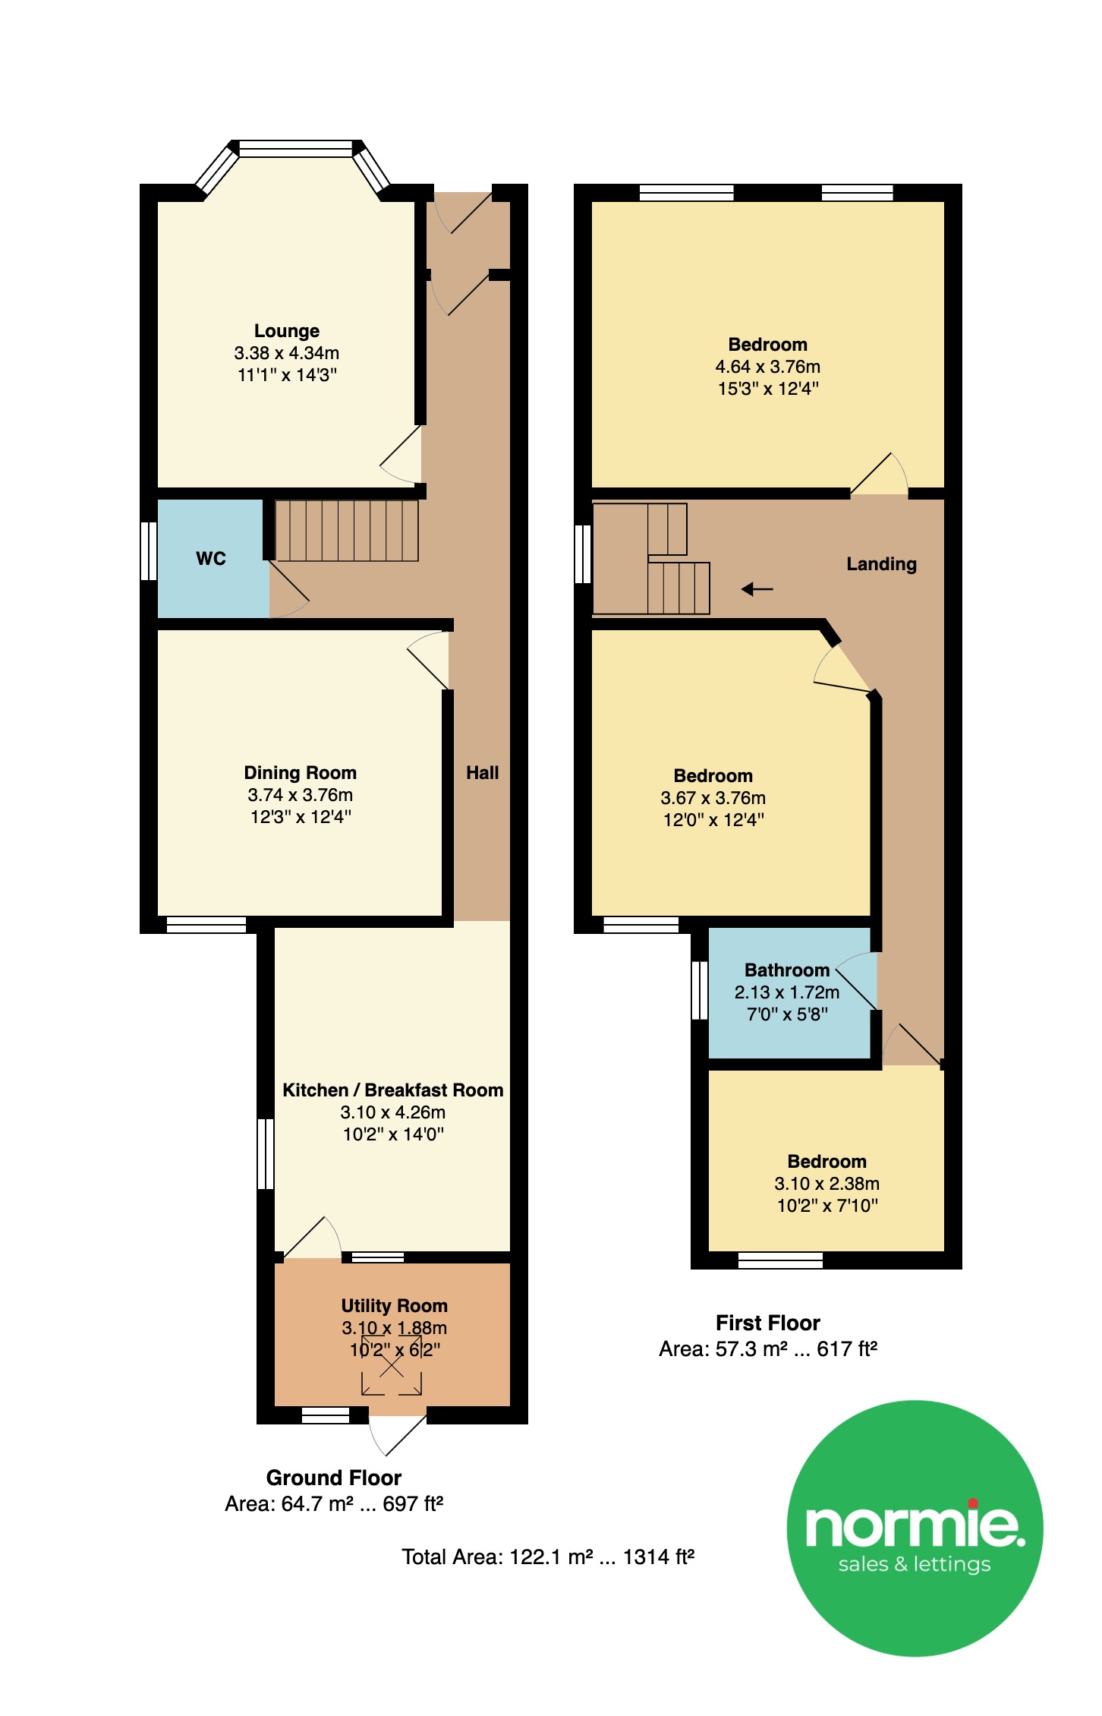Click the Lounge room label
click(x=287, y=331)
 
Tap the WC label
click(x=211, y=559)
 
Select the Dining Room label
click(x=301, y=773)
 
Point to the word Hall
click(x=483, y=773)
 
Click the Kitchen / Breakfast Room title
click(x=393, y=1090)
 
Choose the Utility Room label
click(x=395, y=1306)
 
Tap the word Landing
click(x=882, y=564)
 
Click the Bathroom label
click(x=787, y=970)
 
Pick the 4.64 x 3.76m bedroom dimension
click(x=768, y=367)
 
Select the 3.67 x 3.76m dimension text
click(x=713, y=798)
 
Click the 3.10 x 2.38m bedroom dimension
click(x=827, y=1184)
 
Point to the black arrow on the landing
click(x=757, y=588)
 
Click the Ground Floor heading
click(x=334, y=1478)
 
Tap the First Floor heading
click(x=768, y=1323)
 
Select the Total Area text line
click(x=548, y=1557)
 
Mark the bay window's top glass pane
click(x=296, y=148)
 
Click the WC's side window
click(x=149, y=551)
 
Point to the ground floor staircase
click(x=346, y=531)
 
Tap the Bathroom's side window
click(x=700, y=990)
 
